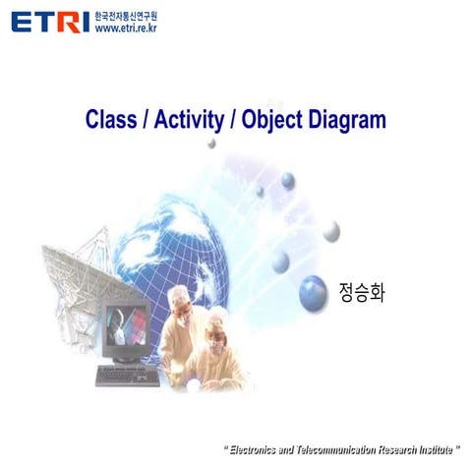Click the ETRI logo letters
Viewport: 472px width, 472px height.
49,21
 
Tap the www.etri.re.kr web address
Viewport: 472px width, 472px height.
125,29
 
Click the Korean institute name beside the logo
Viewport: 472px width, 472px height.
125,17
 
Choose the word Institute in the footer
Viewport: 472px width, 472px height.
437,449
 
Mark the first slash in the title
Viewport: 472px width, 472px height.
144,121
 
